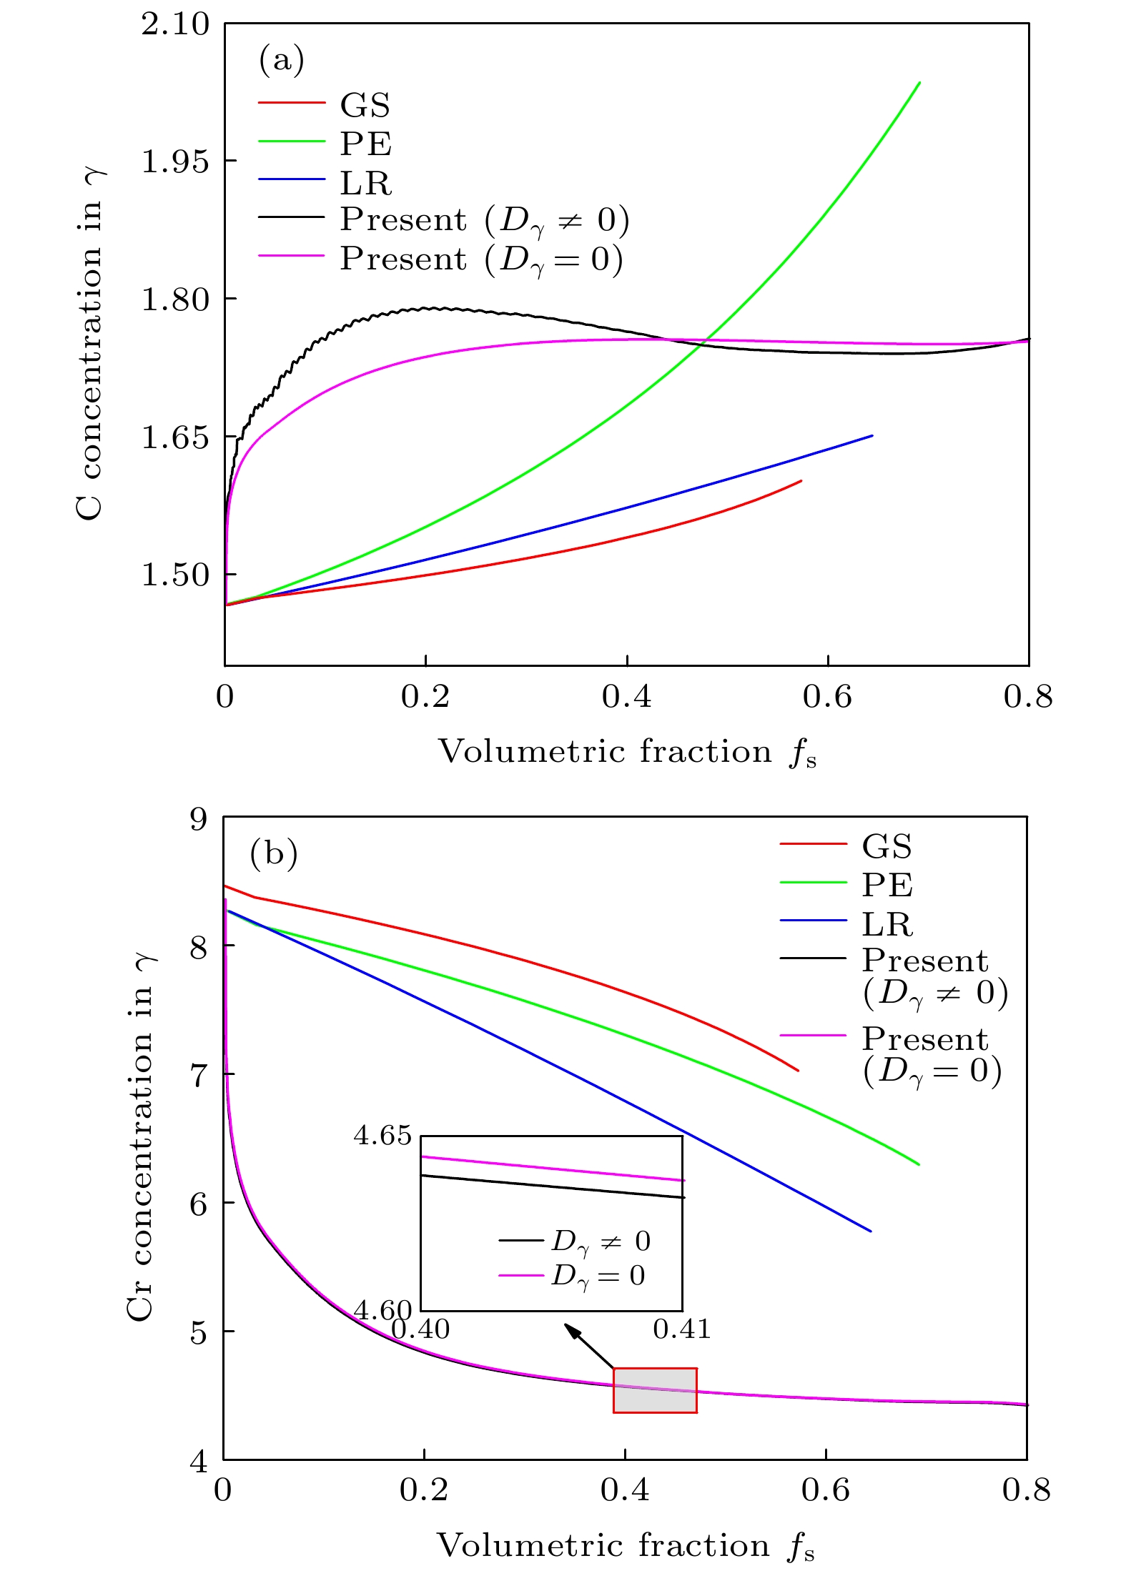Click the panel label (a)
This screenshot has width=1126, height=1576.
click(281, 60)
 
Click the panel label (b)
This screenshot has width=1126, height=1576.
click(273, 853)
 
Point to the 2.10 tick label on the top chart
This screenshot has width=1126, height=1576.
click(175, 25)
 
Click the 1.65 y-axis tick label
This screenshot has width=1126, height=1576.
click(175, 437)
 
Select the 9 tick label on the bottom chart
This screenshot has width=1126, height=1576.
click(199, 819)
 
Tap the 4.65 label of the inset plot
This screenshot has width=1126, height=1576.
click(382, 1135)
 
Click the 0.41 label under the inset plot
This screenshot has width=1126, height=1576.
click(682, 1329)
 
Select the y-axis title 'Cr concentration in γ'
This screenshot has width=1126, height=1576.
click(141, 1140)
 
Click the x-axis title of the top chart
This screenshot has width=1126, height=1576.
click(627, 753)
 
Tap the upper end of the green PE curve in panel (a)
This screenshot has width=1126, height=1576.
click(919, 83)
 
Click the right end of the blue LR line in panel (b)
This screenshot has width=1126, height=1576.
click(870, 1231)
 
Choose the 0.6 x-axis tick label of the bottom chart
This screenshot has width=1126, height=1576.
click(826, 1490)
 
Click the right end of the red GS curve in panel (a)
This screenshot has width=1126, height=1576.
click(801, 481)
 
